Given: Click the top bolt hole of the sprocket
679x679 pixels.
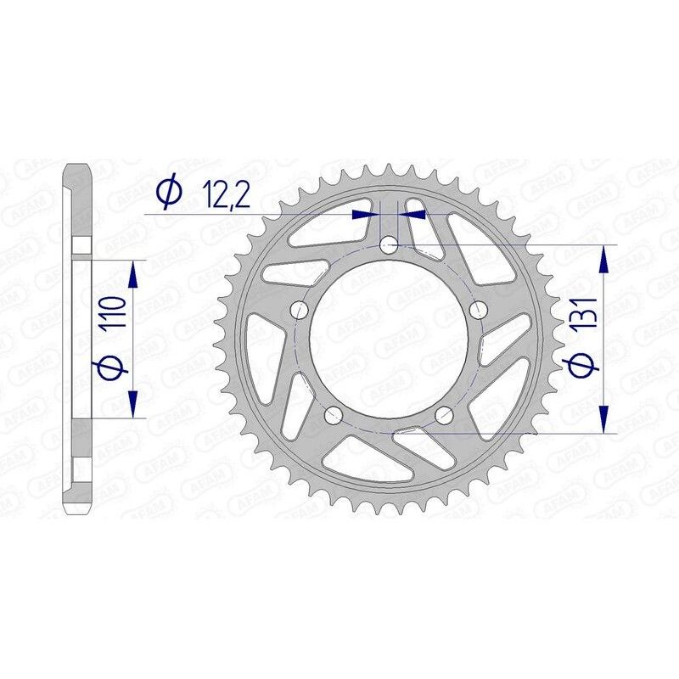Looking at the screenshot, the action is pos(389,246).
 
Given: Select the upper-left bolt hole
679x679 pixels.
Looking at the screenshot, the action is pos(300,310).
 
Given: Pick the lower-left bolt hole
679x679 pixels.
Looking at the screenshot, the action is pos(334,414).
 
